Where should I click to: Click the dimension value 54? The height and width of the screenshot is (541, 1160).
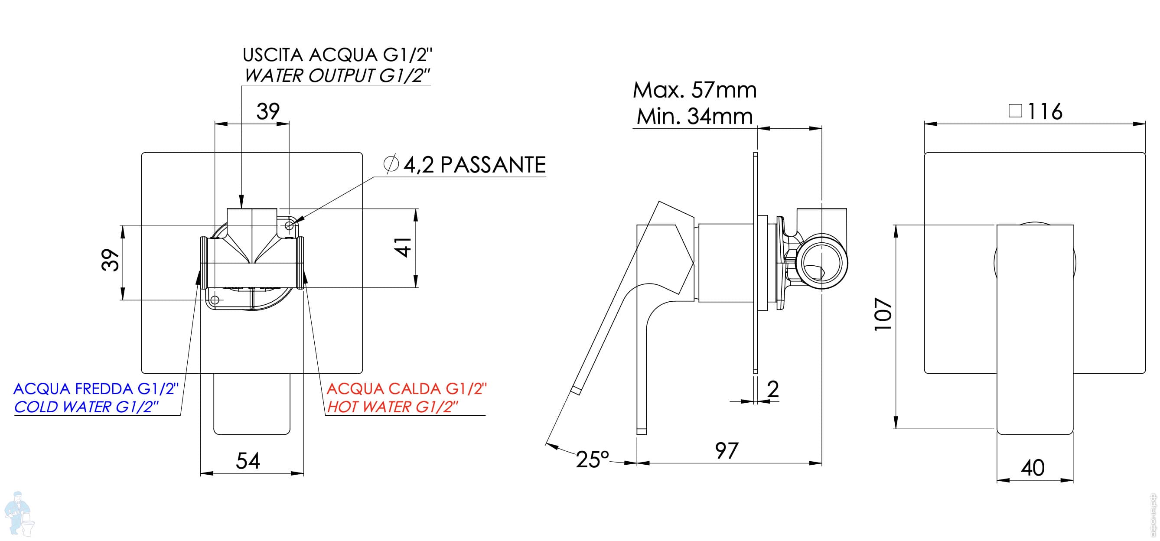point(248,460)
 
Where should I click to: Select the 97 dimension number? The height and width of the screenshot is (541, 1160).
point(727,451)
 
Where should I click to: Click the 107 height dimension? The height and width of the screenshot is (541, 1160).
point(883,314)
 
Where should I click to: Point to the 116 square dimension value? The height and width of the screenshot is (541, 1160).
point(1045,111)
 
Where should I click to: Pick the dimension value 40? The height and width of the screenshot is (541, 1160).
point(1033,468)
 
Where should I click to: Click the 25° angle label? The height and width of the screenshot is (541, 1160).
point(592,460)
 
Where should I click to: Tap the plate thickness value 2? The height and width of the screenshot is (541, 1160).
point(773,389)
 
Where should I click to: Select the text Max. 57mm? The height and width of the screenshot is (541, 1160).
point(695,90)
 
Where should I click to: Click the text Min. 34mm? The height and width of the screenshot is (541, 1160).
point(695,116)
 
